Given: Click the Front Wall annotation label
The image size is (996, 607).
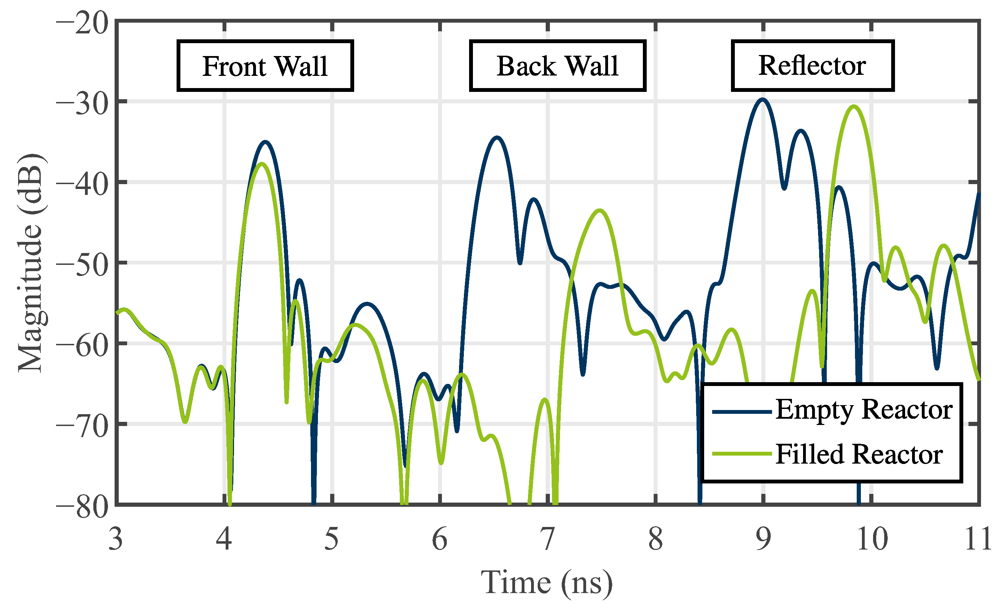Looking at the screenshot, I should [x=265, y=66].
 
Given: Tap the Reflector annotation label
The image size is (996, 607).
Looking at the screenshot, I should [x=812, y=65].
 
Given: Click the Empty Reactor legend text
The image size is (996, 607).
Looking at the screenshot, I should [x=863, y=410].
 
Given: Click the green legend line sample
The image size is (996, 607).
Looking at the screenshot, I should [x=742, y=454].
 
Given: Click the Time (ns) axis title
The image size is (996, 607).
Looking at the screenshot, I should [x=546, y=583].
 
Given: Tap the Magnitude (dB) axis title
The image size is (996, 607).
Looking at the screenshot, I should [x=30, y=263].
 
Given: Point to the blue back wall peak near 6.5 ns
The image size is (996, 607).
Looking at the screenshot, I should [x=497, y=138].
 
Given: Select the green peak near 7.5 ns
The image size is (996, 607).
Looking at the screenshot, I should [x=599, y=211].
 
